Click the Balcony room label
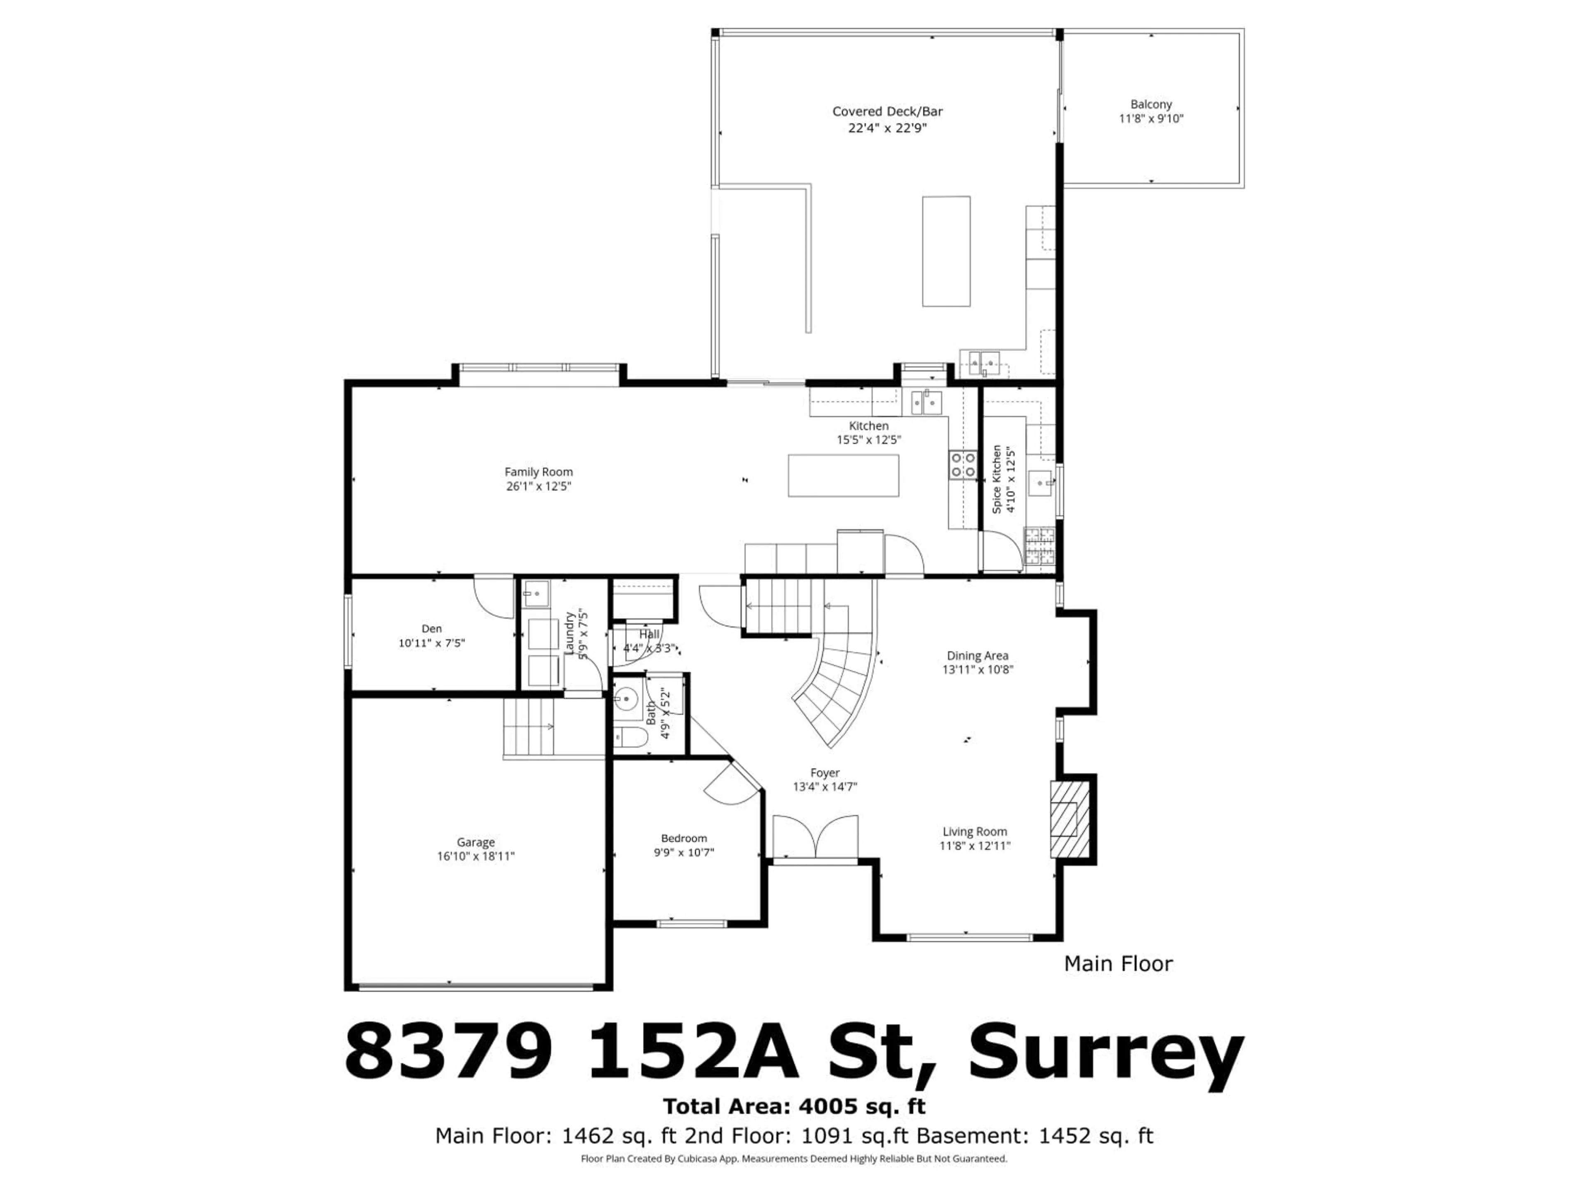click(1151, 104)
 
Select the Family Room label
click(538, 472)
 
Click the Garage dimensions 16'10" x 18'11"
click(475, 856)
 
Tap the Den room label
click(431, 629)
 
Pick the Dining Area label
click(977, 655)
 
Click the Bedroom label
click(684, 838)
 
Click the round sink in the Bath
click(627, 697)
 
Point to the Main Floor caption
click(1118, 964)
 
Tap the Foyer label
click(825, 773)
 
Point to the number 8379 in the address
click(450, 1054)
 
